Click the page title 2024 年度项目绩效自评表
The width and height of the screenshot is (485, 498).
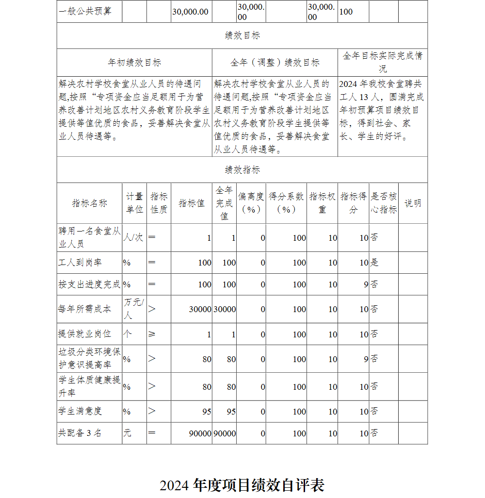tap(242, 485)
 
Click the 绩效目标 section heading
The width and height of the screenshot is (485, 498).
tap(242, 35)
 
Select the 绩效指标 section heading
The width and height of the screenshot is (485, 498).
tap(242, 169)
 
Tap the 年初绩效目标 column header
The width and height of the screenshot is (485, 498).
tap(134, 62)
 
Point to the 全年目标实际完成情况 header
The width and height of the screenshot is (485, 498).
tap(382, 62)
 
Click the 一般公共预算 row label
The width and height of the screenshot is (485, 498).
tap(85, 11)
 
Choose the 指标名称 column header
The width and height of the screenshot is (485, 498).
tap(89, 203)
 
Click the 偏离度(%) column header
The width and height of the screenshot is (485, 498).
tap(251, 203)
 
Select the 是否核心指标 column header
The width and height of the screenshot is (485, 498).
tap(384, 203)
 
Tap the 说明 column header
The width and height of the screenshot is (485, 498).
tap(413, 203)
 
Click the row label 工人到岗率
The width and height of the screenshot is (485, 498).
tap(80, 263)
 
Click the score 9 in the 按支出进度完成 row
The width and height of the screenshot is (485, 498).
tap(366, 284)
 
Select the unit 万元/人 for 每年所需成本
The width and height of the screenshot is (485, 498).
tap(134, 309)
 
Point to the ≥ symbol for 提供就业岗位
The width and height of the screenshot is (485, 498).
tap(152, 334)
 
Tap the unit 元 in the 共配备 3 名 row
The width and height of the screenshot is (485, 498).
tap(127, 433)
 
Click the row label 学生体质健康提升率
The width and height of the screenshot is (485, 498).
tap(89, 386)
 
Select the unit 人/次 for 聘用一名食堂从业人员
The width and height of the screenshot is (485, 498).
tap(133, 238)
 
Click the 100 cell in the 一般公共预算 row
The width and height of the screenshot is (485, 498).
tap(346, 11)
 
